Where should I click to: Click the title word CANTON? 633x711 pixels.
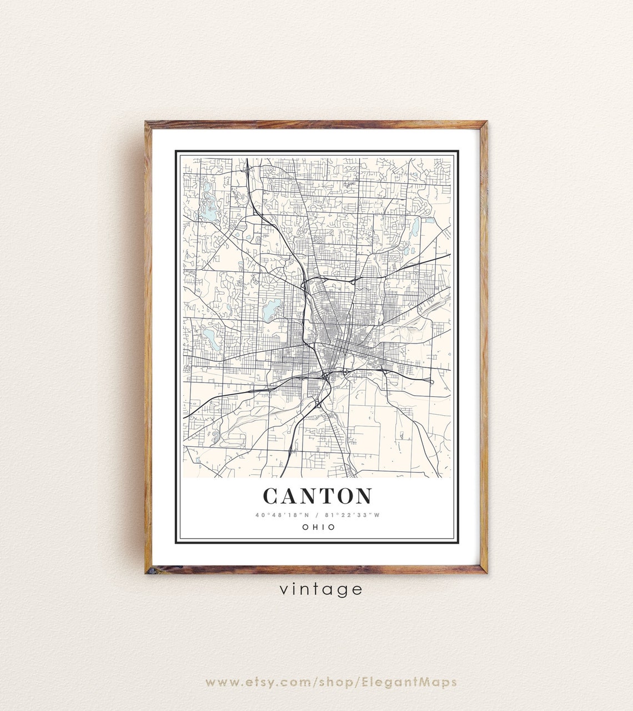[317, 496]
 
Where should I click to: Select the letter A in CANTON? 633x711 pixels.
[289, 496]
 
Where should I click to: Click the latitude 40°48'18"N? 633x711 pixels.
[279, 515]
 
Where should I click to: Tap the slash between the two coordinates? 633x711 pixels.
[317, 515]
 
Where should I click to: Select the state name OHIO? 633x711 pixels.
[319, 527]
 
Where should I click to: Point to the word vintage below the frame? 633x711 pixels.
[321, 589]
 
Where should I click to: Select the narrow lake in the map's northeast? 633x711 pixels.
[415, 226]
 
